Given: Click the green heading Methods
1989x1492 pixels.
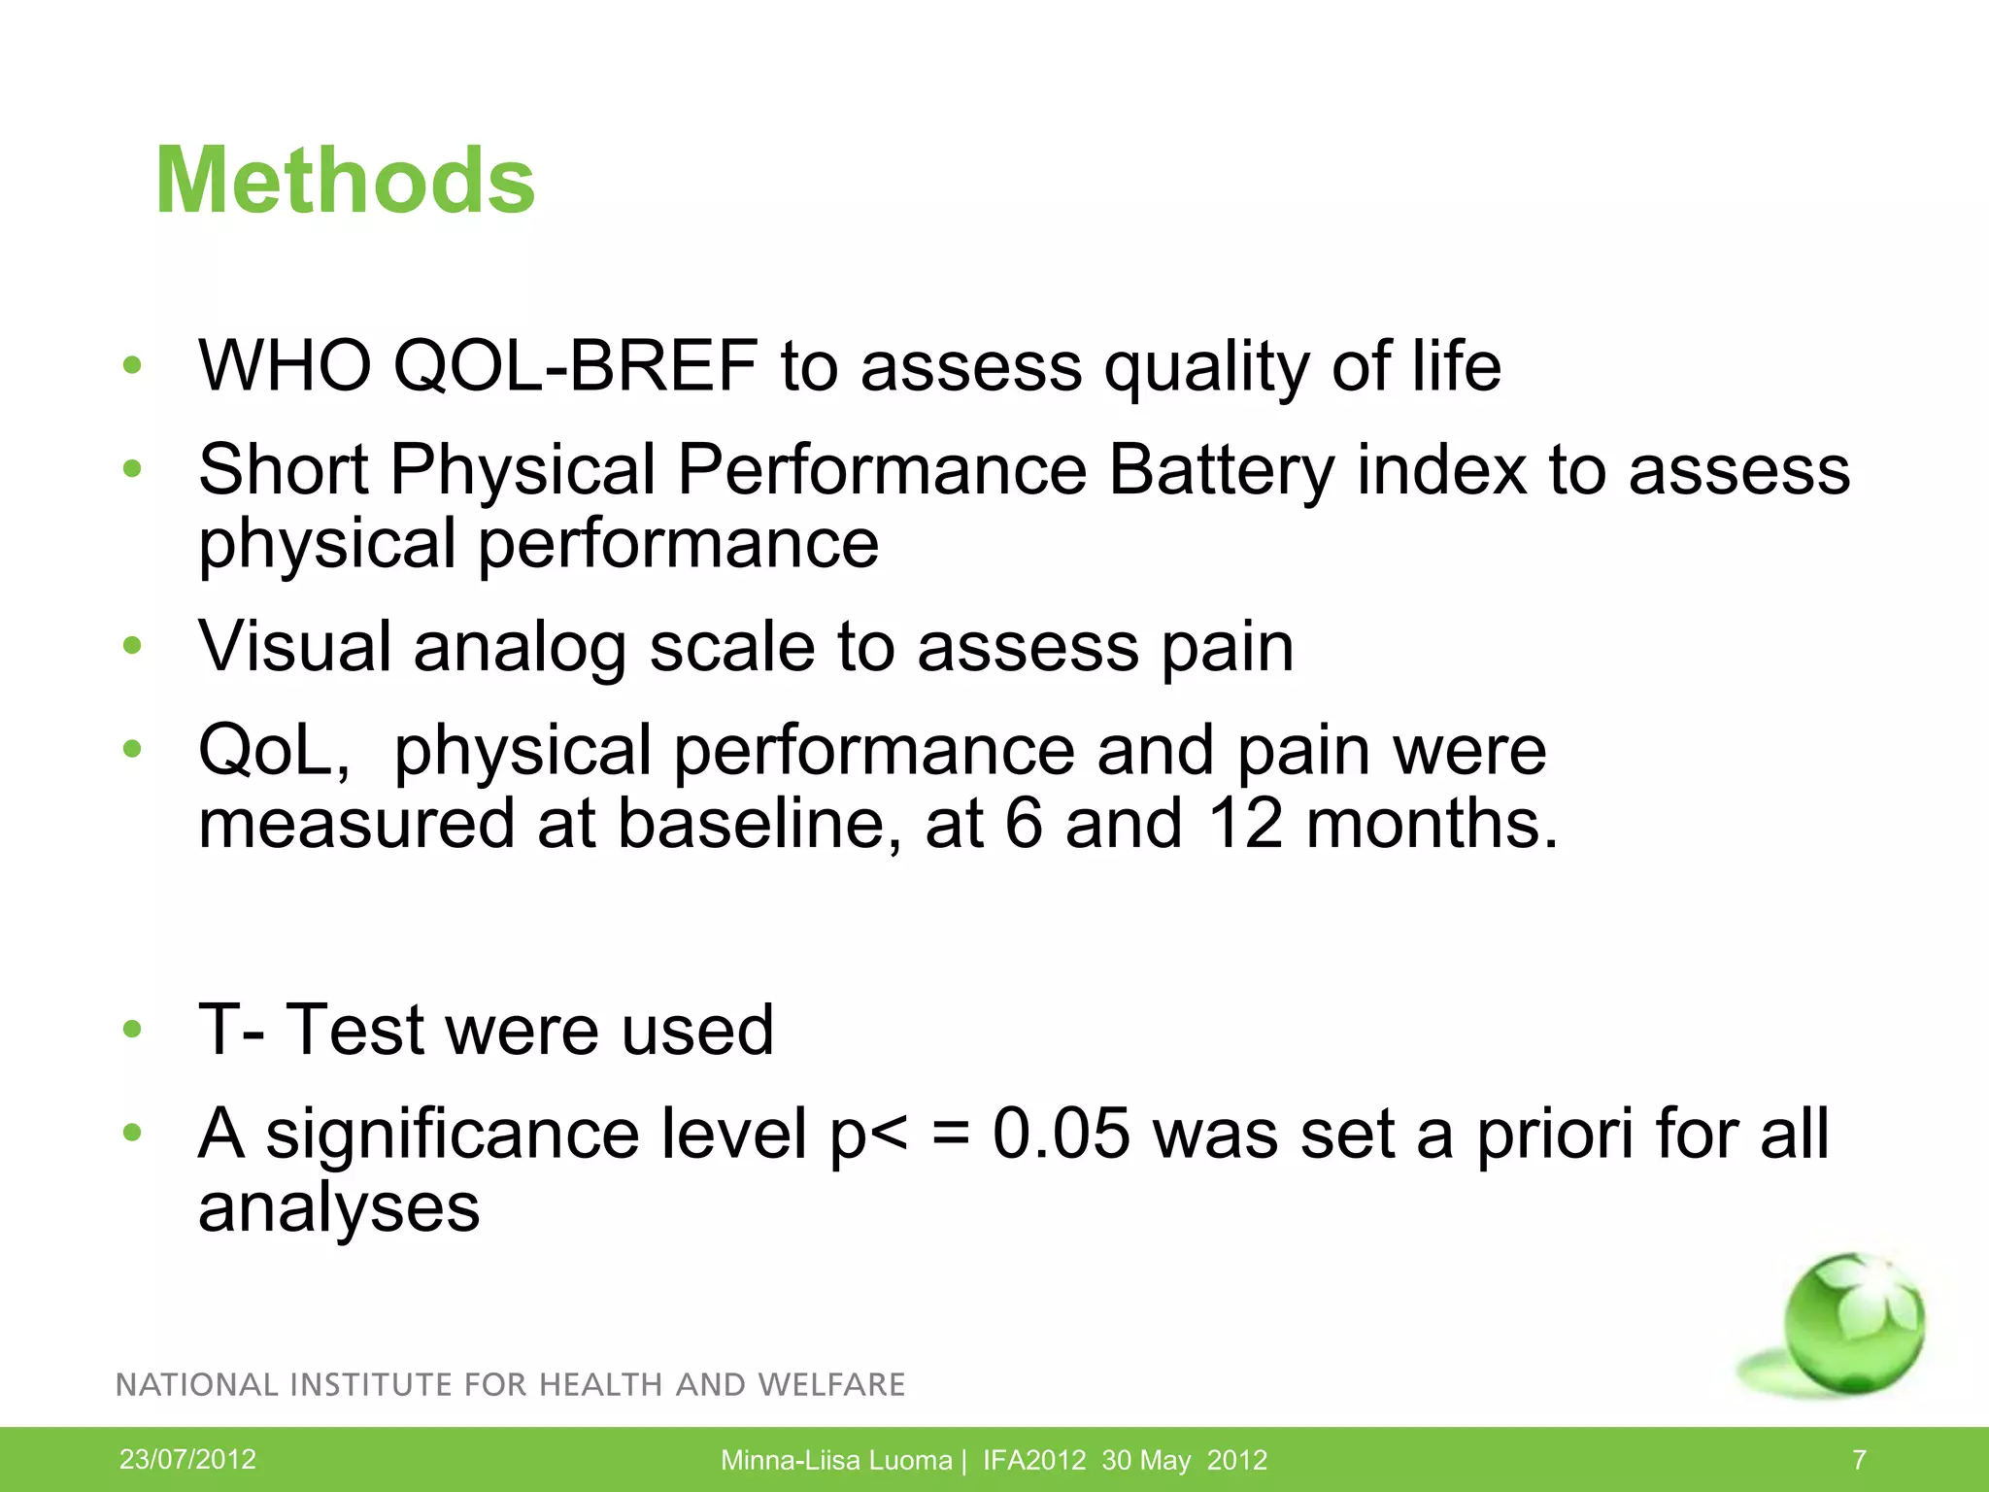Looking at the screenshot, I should [345, 181].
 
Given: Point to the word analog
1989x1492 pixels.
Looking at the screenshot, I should [520, 649].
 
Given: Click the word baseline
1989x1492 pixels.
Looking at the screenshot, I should [759, 824].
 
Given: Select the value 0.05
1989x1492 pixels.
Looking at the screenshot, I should [1061, 1134].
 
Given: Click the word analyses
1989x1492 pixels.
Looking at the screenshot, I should [339, 1209].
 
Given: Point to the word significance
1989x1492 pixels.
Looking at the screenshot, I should [452, 1134].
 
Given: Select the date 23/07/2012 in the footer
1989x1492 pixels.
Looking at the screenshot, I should [187, 1459].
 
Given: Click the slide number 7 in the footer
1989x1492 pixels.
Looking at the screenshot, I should [1859, 1460].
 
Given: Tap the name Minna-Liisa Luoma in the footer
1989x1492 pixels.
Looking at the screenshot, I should [836, 1460].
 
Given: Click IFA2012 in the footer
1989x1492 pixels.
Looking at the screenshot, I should [1033, 1460].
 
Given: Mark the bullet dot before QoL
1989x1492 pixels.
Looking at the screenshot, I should [133, 749].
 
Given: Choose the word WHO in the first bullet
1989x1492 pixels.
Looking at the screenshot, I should [285, 366].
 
